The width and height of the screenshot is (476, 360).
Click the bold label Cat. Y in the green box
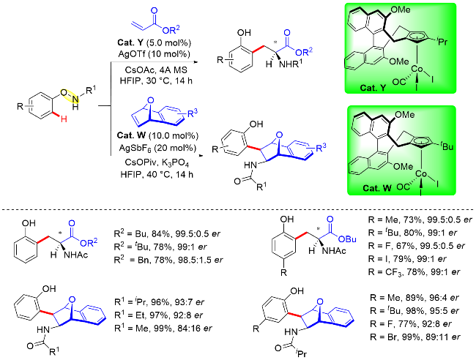[373, 88]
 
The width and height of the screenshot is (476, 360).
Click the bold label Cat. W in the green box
[377, 188]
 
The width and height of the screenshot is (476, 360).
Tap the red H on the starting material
[64, 119]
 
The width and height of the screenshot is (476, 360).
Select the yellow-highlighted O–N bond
[70, 96]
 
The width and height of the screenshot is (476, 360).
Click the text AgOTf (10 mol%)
[155, 54]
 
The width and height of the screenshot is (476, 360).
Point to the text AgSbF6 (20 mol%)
[157, 148]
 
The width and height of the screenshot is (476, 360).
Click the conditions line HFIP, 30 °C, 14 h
[156, 80]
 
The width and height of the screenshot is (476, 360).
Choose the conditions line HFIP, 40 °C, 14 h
[157, 174]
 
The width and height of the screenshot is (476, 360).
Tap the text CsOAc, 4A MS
[156, 70]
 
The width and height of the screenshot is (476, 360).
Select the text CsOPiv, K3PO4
[157, 163]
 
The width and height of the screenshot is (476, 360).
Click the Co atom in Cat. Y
[417, 70]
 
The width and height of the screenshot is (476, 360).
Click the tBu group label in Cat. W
[446, 146]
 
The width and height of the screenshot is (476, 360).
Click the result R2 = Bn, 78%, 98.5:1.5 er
[168, 260]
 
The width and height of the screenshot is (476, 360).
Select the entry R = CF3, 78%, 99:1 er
[414, 271]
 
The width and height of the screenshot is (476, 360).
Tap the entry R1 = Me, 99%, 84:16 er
[163, 328]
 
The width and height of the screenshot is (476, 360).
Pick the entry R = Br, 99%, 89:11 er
[415, 337]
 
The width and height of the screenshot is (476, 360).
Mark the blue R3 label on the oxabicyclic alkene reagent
[193, 113]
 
